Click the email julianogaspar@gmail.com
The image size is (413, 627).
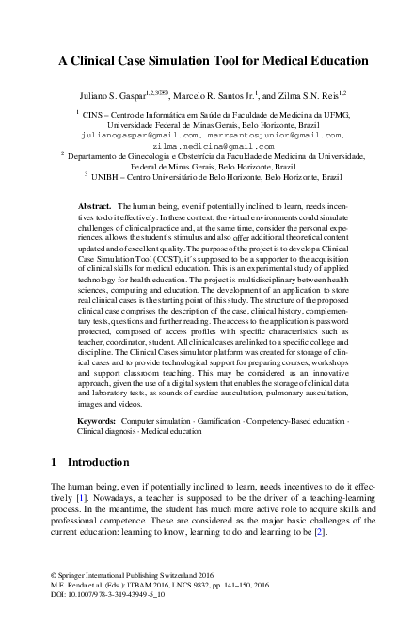coord(142,135)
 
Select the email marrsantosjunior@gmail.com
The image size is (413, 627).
coord(272,135)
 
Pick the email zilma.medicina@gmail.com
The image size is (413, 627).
coord(206,146)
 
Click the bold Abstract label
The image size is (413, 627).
coord(94,205)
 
